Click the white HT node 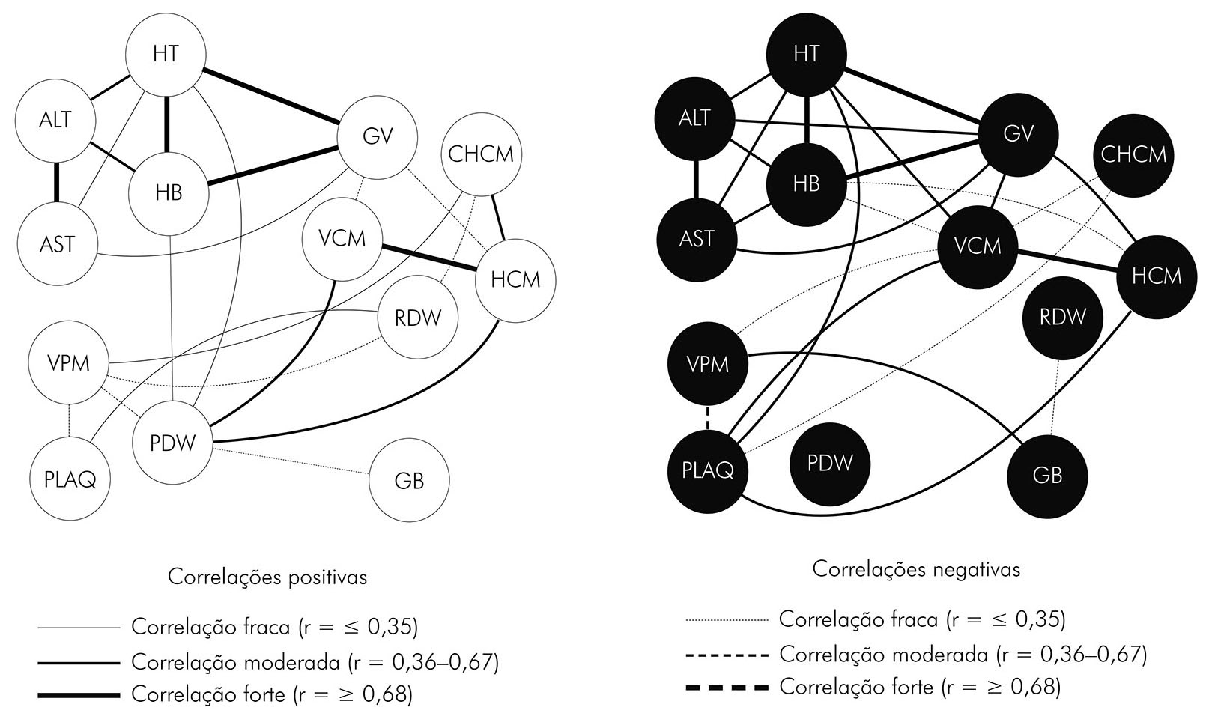click(x=166, y=55)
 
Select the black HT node click(x=806, y=54)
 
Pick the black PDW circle click(x=830, y=463)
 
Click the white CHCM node click(x=481, y=154)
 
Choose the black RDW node click(x=1062, y=317)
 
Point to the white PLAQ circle click(x=70, y=479)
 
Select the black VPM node click(x=707, y=365)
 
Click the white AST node click(x=58, y=244)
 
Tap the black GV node click(x=1018, y=134)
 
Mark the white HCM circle click(x=515, y=280)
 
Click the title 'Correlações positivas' click(x=267, y=577)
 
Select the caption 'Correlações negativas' click(x=916, y=570)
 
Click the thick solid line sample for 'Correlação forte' click(x=79, y=695)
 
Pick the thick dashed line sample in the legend click(x=727, y=687)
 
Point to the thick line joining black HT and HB click(x=806, y=119)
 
